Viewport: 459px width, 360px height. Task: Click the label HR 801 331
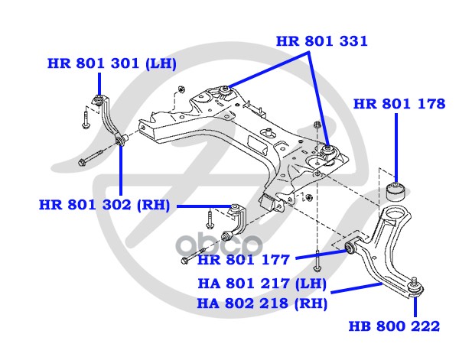coord(321,41)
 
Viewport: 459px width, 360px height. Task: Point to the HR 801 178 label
coord(399,104)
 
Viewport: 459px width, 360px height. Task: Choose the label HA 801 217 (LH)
coord(262,284)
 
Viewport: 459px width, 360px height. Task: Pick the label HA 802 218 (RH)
coord(262,303)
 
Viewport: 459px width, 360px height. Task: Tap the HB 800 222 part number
coord(395,327)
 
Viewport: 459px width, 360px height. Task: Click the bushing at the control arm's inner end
coord(351,247)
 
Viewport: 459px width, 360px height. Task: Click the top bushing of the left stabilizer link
coord(99,97)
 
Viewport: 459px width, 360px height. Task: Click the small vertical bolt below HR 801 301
coord(83,118)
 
